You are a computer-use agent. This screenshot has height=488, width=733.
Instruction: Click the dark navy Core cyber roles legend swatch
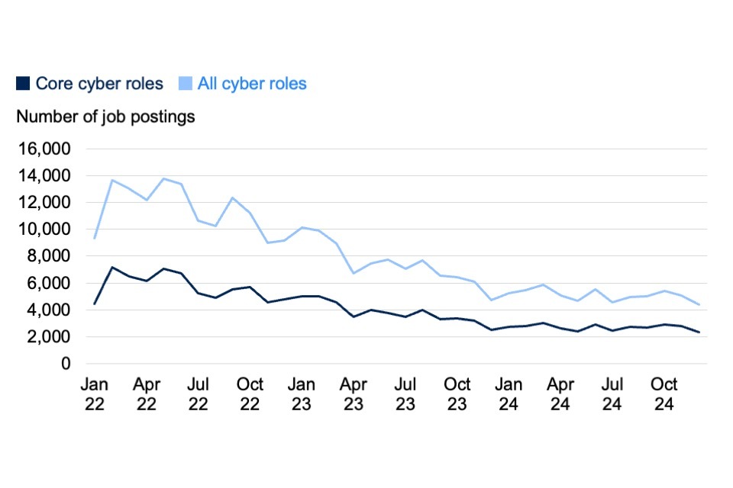pos(24,84)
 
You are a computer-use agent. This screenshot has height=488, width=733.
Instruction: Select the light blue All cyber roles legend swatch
pos(186,84)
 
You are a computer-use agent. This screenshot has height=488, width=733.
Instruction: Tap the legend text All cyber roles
pos(252,84)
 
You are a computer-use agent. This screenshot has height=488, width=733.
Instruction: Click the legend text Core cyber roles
pos(99,84)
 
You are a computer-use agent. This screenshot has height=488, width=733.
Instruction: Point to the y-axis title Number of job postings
pos(105,117)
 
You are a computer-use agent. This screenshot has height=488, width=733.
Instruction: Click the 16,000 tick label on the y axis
pos(44,149)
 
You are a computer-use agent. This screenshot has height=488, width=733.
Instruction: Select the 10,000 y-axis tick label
pos(44,230)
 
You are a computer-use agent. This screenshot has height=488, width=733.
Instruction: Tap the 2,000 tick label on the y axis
pos(47,337)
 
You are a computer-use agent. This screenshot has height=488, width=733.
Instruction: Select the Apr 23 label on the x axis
pos(354,394)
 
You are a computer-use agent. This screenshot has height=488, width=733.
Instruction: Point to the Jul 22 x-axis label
pos(199,394)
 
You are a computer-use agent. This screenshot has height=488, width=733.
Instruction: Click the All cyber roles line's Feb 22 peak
pos(112,180)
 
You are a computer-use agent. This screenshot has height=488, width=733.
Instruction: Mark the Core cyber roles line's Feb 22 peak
pos(112,268)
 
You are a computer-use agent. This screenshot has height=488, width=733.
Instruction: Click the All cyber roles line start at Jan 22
pos(95,239)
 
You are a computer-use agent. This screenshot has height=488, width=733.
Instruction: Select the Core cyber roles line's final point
pos(699,332)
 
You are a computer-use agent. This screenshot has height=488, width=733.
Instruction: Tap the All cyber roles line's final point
pos(699,305)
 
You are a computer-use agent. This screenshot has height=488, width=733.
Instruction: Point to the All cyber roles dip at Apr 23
pos(354,273)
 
